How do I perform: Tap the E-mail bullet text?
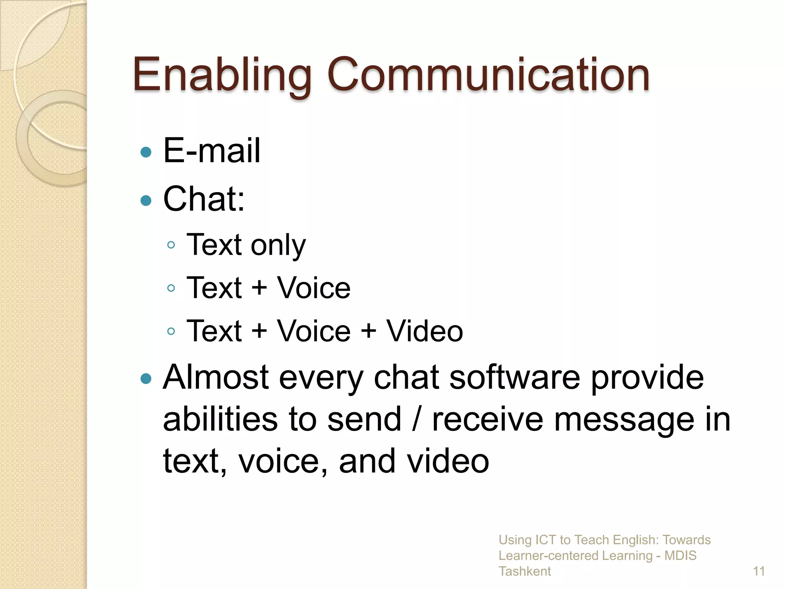coord(212,150)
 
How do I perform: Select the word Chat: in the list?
coord(204,199)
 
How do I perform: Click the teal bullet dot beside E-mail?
coord(146,152)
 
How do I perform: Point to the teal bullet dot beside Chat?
coord(146,200)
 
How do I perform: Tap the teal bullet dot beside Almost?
coord(146,379)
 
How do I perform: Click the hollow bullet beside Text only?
coord(171,245)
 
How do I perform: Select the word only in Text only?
coord(279,245)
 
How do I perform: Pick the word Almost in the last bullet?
coord(216,377)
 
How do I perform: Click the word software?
coord(515,377)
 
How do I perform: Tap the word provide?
coord(647,378)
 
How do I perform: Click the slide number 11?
coord(759,571)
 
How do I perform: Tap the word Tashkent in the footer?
coord(524,571)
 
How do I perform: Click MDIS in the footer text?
coord(680,556)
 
